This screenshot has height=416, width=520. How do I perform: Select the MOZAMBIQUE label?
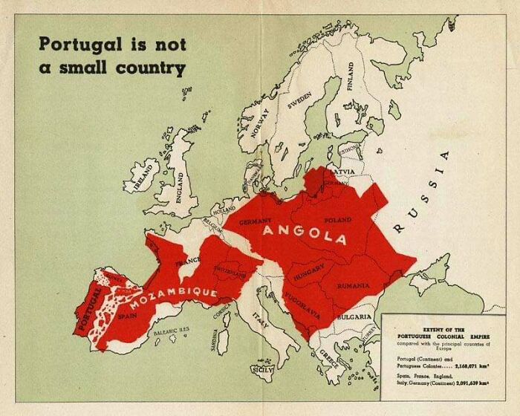(174, 299)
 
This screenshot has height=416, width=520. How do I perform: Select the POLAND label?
(338, 221)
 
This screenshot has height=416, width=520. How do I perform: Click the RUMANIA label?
(352, 285)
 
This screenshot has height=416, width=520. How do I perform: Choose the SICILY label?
(263, 369)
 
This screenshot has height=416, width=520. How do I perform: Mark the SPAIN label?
(128, 316)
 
